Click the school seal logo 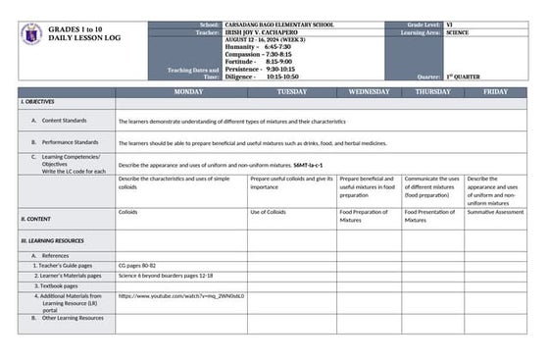(30, 34)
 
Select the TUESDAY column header (291, 91)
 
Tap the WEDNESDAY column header (369, 91)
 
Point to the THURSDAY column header (432, 91)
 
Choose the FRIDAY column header (495, 91)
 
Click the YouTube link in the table (181, 295)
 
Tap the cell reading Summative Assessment (495, 212)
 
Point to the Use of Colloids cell (269, 212)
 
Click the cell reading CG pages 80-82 (137, 265)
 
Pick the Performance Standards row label (70, 142)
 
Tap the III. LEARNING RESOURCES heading (53, 239)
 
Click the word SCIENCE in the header (458, 31)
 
